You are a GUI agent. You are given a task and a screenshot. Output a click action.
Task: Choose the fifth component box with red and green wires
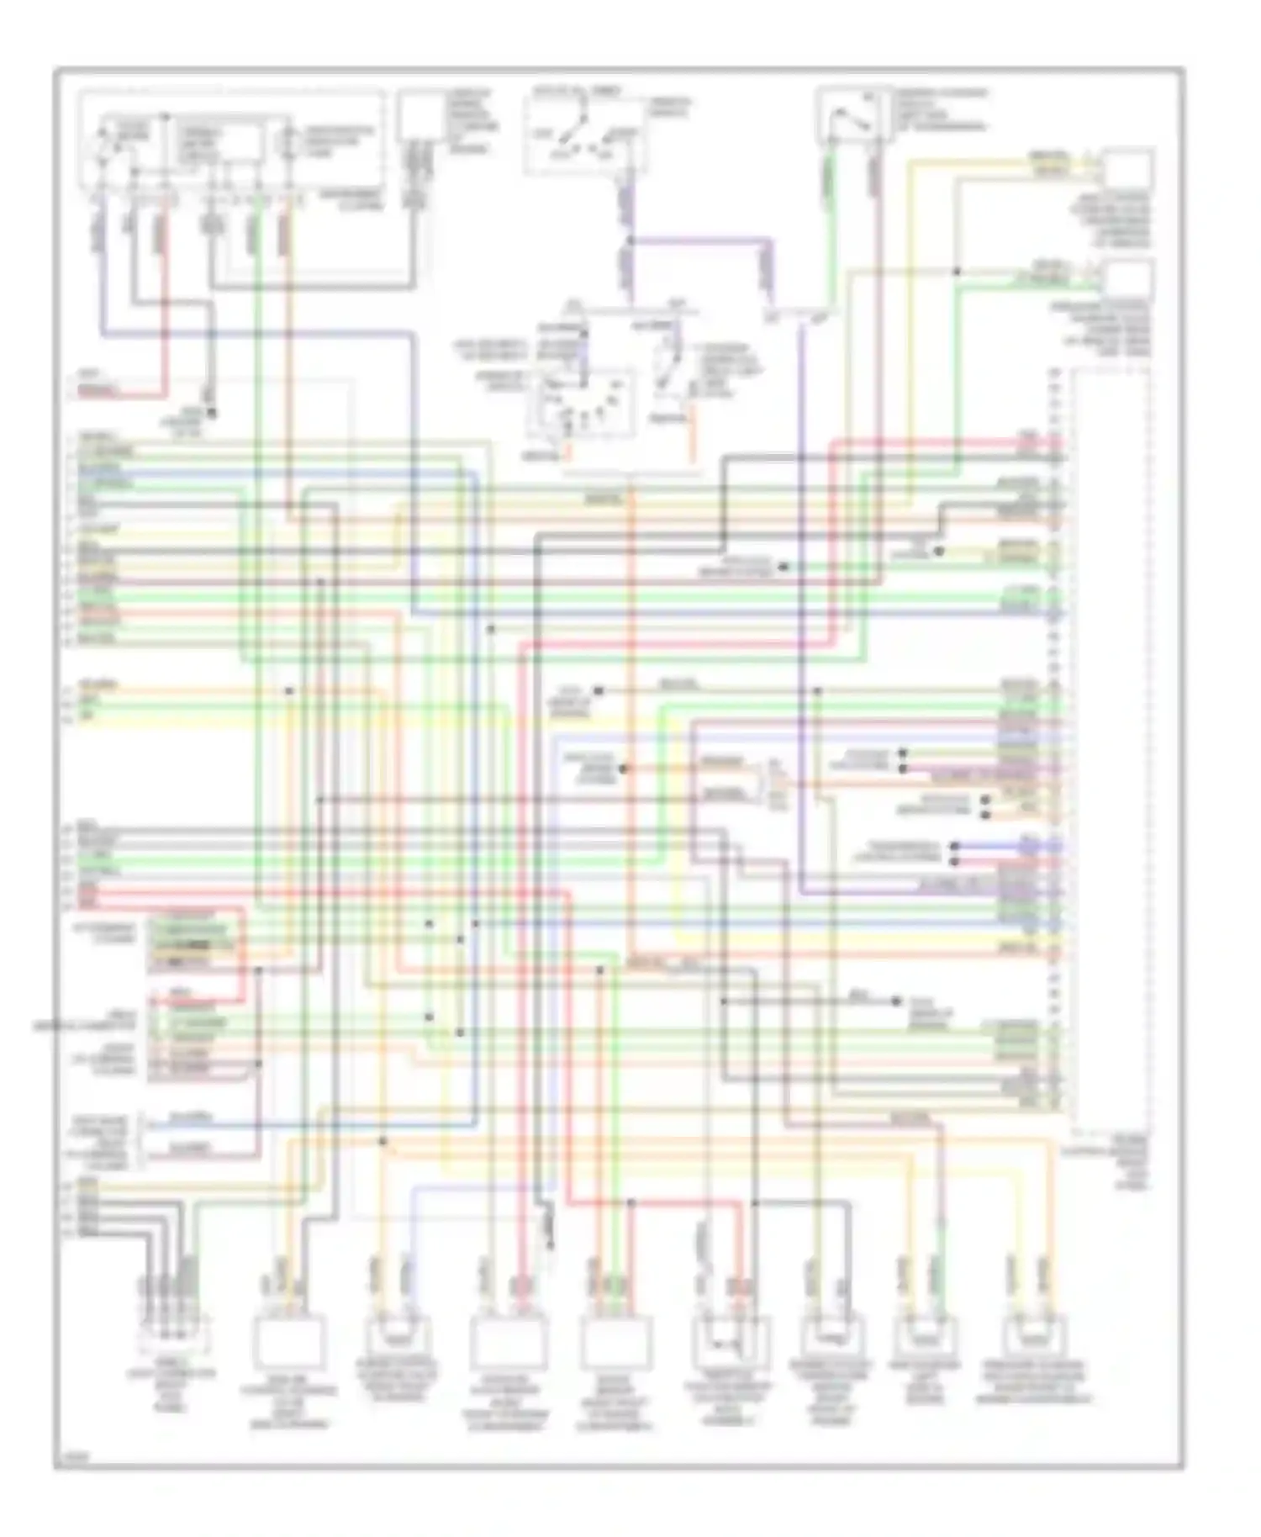pos(615,1342)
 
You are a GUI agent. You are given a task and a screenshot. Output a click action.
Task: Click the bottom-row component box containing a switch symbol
pos(729,1342)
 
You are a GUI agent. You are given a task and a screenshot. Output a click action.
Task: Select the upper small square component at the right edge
pos(1127,168)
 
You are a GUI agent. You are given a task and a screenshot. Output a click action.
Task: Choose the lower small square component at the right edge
pos(1127,279)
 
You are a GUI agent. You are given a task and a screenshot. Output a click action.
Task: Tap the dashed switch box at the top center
pos(585,135)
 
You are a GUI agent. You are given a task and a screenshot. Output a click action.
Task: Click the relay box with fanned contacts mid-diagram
pos(580,404)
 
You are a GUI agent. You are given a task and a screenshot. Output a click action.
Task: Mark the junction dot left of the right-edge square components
pos(957,272)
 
